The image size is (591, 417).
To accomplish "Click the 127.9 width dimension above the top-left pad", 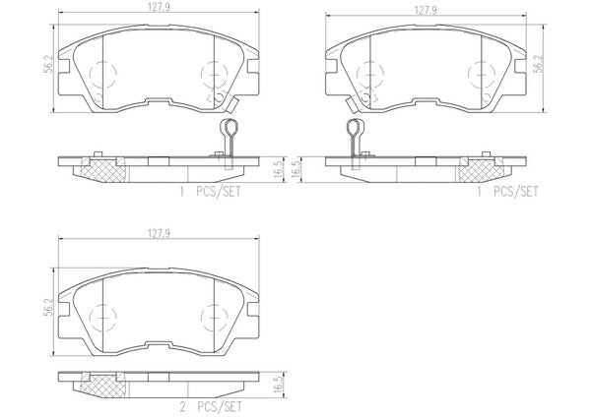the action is coord(159,8).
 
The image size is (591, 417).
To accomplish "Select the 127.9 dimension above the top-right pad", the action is coord(426,10).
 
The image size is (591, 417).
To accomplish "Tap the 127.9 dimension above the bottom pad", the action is coord(159,233).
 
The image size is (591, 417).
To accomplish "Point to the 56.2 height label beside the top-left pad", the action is coord(49,65).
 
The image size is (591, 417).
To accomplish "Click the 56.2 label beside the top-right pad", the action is coord(540,64).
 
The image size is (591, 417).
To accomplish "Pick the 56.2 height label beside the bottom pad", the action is coord(47,309).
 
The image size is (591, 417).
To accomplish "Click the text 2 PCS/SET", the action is coord(211,407).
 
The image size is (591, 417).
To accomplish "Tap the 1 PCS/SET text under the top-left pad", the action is coord(210,192).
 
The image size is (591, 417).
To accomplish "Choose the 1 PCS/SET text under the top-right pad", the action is coord(507,192).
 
